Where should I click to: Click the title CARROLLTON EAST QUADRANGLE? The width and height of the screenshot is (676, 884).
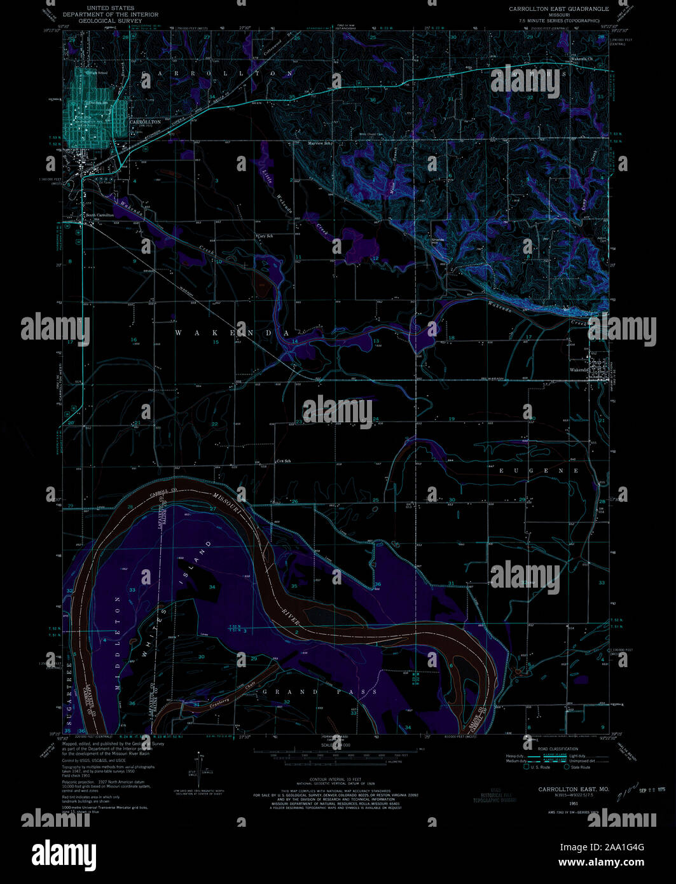[x=558, y=9]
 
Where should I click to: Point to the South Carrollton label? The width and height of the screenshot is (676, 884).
[x=100, y=216]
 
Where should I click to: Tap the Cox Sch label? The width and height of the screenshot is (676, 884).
[x=283, y=461]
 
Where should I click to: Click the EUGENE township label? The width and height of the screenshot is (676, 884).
[x=539, y=471]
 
